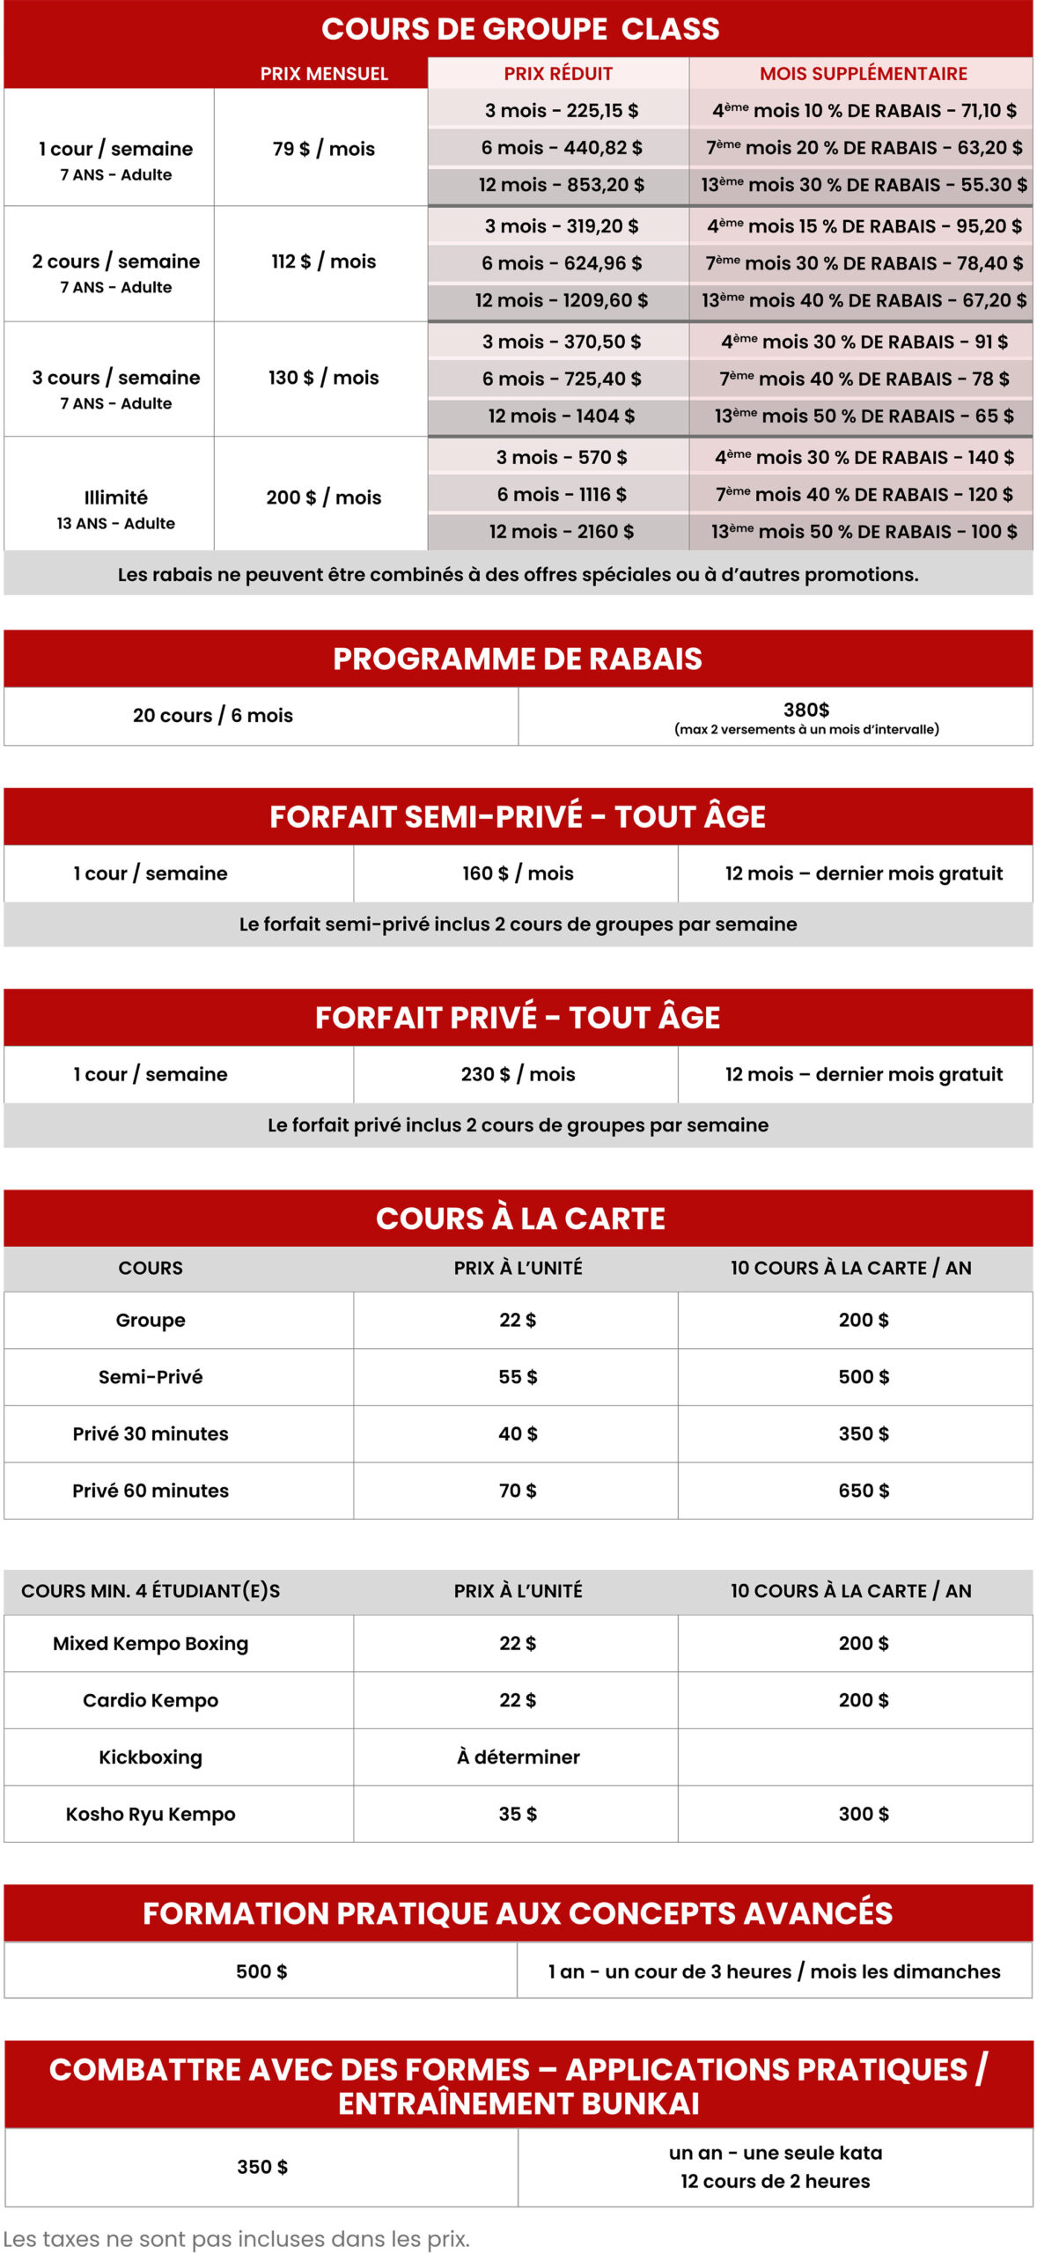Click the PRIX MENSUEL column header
click(x=324, y=74)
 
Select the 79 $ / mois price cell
click(x=323, y=149)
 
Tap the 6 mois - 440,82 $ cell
click(x=561, y=148)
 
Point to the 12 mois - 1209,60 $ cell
click(x=561, y=300)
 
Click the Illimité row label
click(x=115, y=497)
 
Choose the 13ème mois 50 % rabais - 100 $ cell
click(x=864, y=532)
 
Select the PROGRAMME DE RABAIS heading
click(x=518, y=659)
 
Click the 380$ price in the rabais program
click(x=806, y=710)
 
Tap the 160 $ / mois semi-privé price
click(x=518, y=873)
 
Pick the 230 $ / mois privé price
click(x=518, y=1074)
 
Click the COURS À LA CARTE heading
click(x=520, y=1219)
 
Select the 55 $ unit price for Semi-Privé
click(x=518, y=1377)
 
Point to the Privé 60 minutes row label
click(x=151, y=1491)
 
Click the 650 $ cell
click(x=864, y=1491)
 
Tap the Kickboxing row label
click(x=151, y=1757)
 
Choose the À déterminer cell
click(x=518, y=1757)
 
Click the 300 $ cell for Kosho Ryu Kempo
click(x=864, y=1814)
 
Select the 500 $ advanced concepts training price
click(x=261, y=1971)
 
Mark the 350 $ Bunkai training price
click(x=262, y=2167)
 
